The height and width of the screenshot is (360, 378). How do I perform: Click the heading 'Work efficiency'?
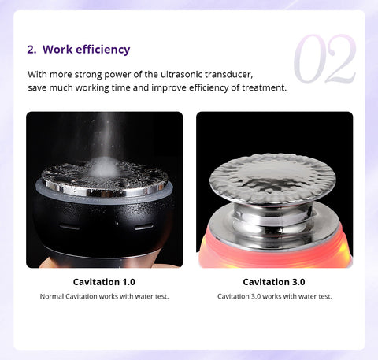(87, 50)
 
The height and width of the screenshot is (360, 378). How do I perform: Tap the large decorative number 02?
(325, 58)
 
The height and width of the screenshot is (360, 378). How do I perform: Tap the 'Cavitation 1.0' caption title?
(104, 282)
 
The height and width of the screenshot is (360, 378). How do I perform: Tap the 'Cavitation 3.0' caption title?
(274, 282)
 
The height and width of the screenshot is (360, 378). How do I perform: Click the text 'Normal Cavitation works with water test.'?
(104, 296)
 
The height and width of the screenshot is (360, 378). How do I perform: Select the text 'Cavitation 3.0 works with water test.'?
(275, 296)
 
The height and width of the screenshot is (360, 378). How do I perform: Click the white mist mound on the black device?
(104, 167)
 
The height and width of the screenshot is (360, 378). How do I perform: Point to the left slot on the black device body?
(69, 227)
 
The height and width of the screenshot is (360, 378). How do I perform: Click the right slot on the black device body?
(144, 227)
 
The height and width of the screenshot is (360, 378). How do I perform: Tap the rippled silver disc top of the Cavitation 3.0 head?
(272, 178)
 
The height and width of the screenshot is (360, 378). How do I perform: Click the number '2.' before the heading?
(31, 50)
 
